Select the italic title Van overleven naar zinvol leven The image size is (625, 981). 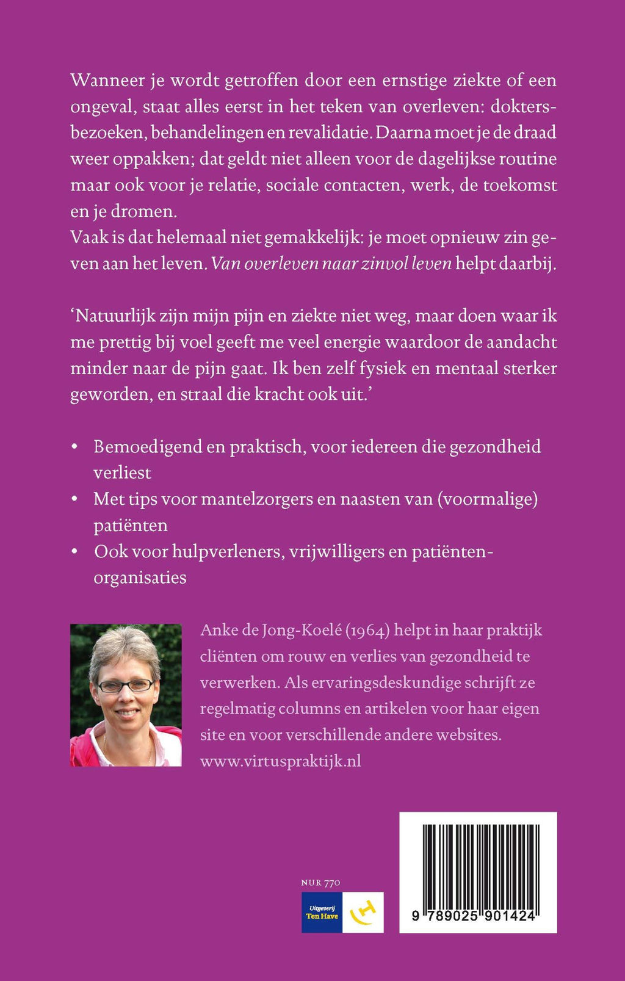pyautogui.click(x=331, y=264)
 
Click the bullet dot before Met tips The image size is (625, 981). pyautogui.click(x=74, y=499)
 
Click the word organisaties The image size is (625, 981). pyautogui.click(x=140, y=578)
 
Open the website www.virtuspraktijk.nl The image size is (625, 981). pyautogui.click(x=281, y=761)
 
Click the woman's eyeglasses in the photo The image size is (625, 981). pyautogui.click(x=126, y=686)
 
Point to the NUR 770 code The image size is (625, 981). pyautogui.click(x=320, y=883)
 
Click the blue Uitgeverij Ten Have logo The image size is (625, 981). pyautogui.click(x=322, y=913)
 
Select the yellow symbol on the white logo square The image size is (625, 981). pyautogui.click(x=363, y=913)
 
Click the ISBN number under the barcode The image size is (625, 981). pyautogui.click(x=474, y=916)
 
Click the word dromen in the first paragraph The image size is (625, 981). pyautogui.click(x=144, y=212)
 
